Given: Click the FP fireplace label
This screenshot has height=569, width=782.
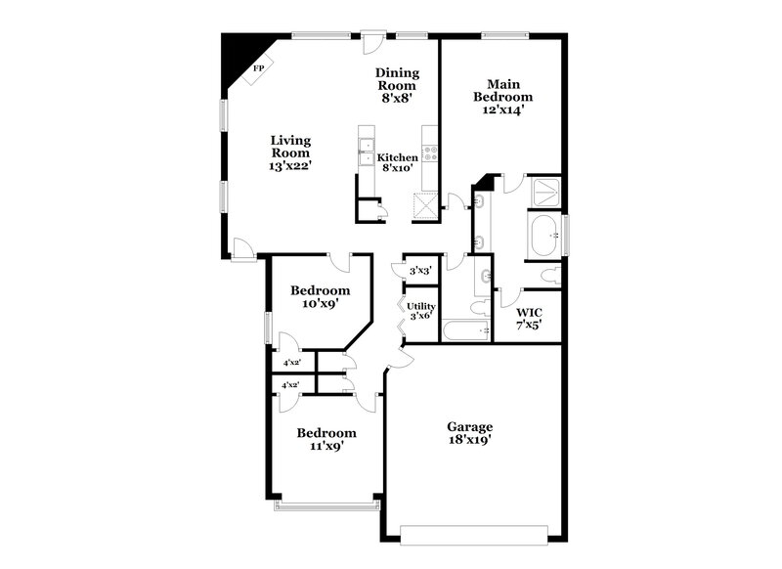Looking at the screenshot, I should click(x=259, y=68).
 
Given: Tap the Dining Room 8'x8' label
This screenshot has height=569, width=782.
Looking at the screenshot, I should click(x=399, y=85).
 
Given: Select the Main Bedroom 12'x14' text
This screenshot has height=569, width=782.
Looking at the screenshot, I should click(x=502, y=97).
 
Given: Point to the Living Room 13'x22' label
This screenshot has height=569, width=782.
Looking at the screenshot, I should click(x=290, y=153).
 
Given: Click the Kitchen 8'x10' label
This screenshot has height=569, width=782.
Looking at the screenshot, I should click(x=398, y=162).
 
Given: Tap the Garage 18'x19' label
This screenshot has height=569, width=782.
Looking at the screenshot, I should click(x=469, y=433).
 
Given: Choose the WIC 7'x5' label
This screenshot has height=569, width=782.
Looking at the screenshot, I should click(x=529, y=319).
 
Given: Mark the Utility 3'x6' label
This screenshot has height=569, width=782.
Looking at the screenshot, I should click(x=421, y=311).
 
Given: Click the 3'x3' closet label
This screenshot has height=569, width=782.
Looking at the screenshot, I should click(x=420, y=270).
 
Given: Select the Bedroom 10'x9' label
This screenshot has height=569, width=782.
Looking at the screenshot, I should click(x=320, y=297).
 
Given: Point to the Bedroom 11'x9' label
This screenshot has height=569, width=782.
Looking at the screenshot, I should click(x=326, y=439).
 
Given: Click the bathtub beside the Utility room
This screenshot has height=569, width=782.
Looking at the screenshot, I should click(x=465, y=330).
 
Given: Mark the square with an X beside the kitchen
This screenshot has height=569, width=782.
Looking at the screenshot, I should click(x=426, y=205).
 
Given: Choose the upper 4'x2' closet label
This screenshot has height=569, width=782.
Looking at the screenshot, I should click(x=291, y=363).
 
